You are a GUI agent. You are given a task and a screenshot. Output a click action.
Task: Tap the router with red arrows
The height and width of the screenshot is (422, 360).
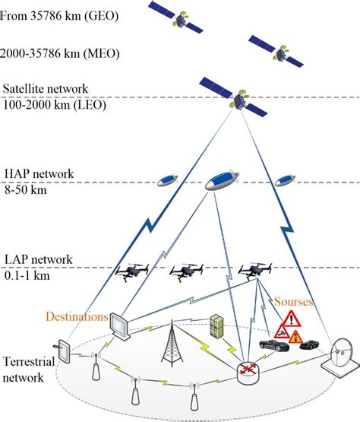pos(248,370)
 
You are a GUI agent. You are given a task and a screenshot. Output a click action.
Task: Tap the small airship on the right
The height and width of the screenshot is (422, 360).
pos(284,180)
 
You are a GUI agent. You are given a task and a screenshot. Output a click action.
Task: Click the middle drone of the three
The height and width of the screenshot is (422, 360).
pos(187,271)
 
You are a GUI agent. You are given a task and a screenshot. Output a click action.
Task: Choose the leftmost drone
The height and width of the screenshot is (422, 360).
pos(131,271)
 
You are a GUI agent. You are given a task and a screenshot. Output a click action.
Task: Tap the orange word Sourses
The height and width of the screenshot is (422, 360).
pos(294,302)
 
